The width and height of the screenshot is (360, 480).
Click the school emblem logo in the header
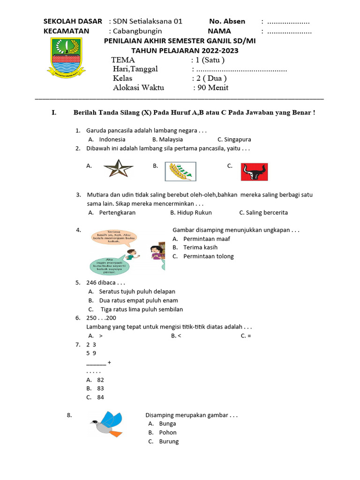(66, 58)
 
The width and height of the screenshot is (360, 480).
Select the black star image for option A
(118, 168)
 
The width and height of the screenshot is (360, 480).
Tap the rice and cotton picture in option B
(180, 171)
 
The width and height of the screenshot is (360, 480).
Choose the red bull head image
(254, 172)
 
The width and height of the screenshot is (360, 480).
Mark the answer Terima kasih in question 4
(200, 247)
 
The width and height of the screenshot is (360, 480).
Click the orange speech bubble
(114, 238)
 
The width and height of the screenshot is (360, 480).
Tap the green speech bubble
(109, 266)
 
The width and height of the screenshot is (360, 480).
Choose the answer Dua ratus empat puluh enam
(138, 300)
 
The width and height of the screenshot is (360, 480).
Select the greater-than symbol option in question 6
(101, 336)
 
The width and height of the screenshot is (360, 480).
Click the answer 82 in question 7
(100, 380)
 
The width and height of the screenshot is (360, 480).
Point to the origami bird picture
(106, 424)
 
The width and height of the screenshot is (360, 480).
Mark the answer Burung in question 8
(169, 442)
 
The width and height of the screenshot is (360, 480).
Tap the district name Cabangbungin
(135, 31)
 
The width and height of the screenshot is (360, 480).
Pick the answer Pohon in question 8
(168, 433)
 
